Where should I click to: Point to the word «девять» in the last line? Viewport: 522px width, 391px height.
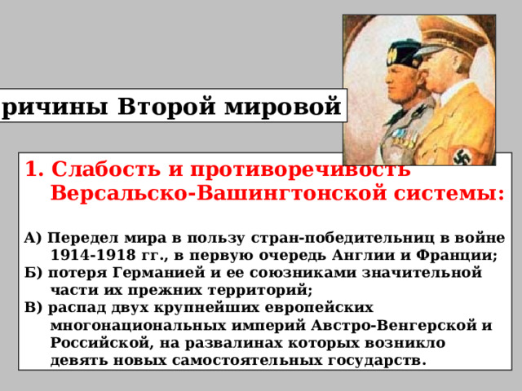78,360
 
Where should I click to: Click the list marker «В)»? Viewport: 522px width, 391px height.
34,308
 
